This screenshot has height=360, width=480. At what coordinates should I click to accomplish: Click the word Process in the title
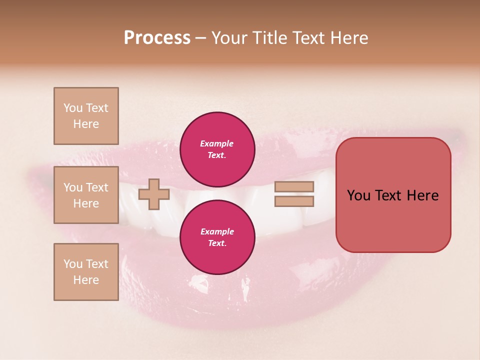[x=157, y=38]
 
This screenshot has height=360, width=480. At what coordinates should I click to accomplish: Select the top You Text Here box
[x=86, y=116]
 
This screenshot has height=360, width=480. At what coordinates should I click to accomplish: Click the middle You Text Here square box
[x=86, y=195]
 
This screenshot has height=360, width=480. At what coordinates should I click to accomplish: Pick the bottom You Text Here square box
[x=86, y=272]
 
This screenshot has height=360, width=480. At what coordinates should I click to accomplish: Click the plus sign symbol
[x=153, y=194]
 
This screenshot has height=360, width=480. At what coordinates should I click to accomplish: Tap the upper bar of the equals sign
[x=294, y=186]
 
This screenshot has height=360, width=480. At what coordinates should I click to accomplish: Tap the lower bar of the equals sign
[x=294, y=201]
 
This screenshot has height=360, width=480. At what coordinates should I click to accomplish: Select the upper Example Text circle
[x=217, y=149]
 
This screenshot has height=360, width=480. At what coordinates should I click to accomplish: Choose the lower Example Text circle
[x=217, y=237]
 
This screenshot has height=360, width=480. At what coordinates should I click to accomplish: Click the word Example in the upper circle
[x=217, y=143]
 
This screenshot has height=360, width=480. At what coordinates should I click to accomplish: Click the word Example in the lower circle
[x=217, y=231]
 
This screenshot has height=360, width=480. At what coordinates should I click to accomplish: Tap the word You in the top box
[x=72, y=108]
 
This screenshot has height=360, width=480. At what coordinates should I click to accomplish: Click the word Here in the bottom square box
[x=86, y=280]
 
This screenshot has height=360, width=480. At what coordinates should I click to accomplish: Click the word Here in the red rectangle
[x=422, y=195]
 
